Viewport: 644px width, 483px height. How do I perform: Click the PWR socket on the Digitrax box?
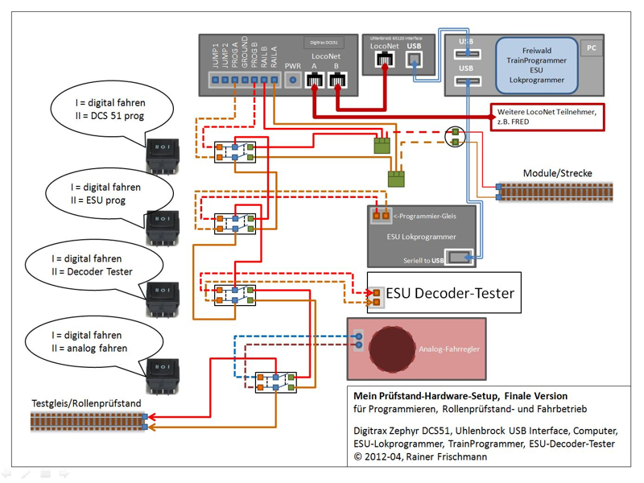point(294,80)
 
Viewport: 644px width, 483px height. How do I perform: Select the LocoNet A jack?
point(315,80)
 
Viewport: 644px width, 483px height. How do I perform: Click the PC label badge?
point(592,48)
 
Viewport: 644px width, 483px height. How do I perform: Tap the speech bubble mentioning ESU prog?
point(111,193)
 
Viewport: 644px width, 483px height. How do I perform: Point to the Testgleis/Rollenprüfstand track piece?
point(86,420)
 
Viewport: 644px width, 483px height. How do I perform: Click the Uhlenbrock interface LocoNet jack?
point(385,63)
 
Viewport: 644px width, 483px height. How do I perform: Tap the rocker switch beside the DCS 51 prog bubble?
point(162,155)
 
